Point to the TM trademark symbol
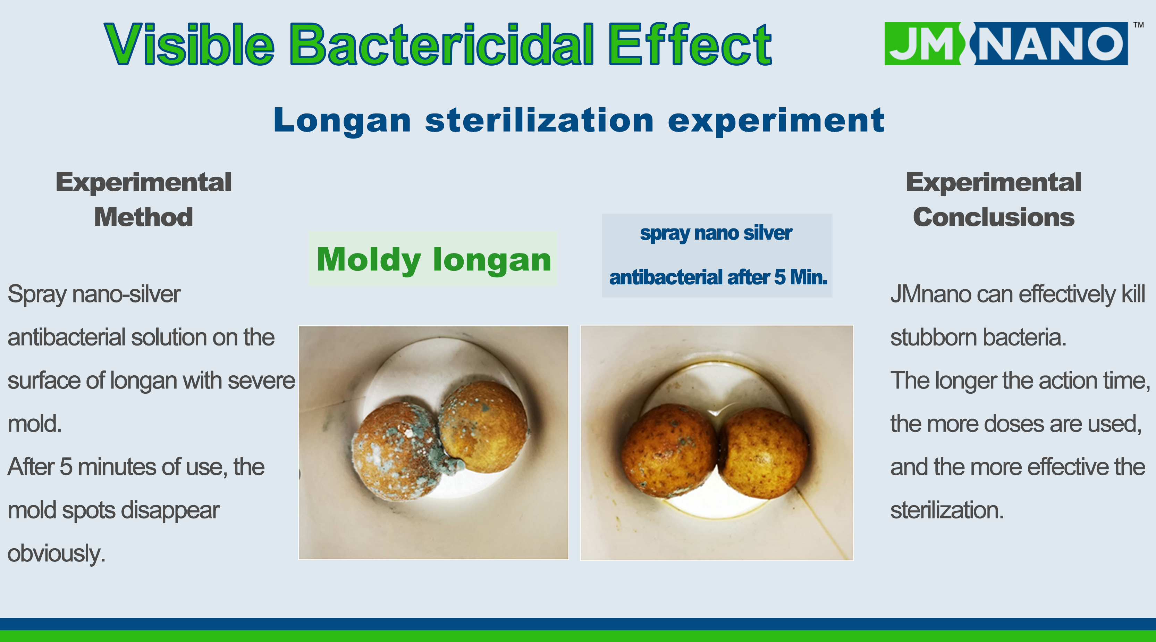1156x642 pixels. (x=1139, y=25)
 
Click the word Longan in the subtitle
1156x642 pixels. (x=342, y=120)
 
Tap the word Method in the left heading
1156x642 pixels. (x=144, y=217)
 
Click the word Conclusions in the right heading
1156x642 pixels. (x=994, y=217)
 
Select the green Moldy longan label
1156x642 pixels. (x=433, y=259)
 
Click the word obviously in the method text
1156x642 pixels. (x=57, y=553)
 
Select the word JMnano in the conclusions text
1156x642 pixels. (x=931, y=294)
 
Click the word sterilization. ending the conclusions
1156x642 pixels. (x=947, y=510)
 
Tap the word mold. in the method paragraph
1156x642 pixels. (x=35, y=424)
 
